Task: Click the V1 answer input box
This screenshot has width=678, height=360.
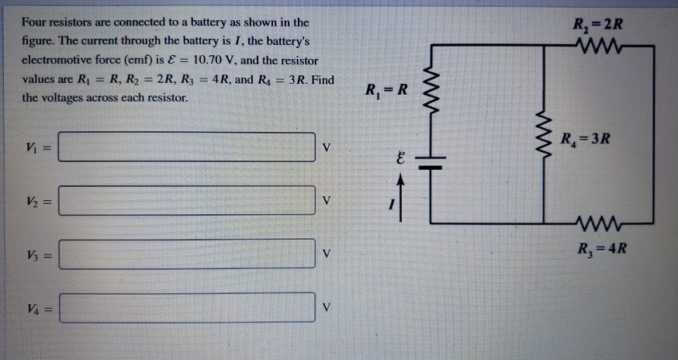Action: coord(186,147)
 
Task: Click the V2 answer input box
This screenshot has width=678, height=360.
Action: coord(186,201)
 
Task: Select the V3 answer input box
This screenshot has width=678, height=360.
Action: coord(186,254)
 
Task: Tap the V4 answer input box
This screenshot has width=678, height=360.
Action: coord(186,307)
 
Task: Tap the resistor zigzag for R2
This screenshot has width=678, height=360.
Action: coord(598,43)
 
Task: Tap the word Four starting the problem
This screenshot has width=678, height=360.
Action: coord(36,22)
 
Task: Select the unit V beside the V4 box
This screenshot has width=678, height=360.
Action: coord(327,308)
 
